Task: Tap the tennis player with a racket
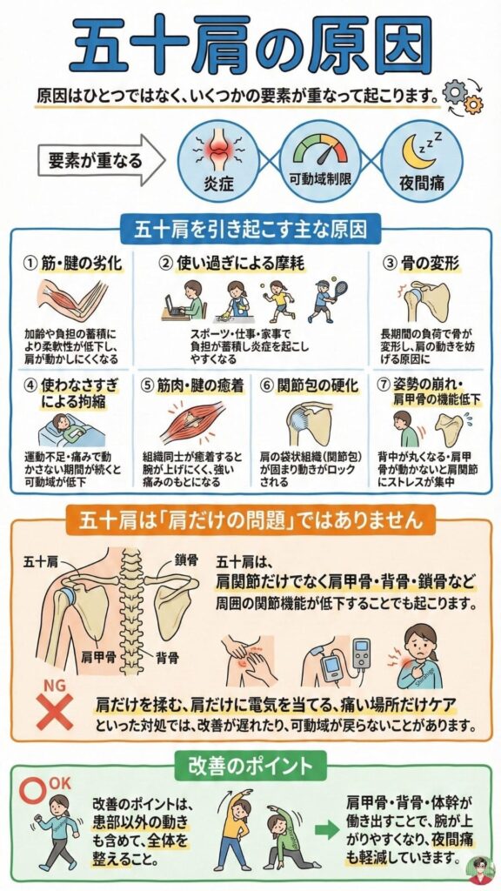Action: [x=321, y=301]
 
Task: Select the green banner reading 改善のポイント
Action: [x=250, y=765]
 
